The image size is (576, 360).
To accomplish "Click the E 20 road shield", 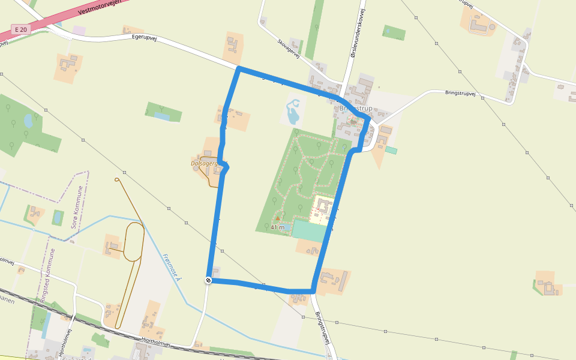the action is (21, 29).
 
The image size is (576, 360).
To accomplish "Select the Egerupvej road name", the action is (148, 38).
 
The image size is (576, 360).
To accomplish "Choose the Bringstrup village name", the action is (356, 109).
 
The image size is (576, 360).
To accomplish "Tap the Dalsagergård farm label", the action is (203, 163).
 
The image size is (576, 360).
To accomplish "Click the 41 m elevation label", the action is (278, 227).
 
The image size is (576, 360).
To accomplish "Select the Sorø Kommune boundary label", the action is (77, 207).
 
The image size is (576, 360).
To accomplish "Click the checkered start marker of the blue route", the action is (208, 280).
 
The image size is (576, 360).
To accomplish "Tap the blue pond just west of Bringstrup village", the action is (293, 110).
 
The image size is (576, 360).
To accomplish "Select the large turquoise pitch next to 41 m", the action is (310, 230).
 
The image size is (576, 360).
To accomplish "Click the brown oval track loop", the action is (133, 242).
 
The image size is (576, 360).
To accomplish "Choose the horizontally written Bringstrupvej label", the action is (460, 93).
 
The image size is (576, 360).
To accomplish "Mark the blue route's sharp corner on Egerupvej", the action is (239, 70).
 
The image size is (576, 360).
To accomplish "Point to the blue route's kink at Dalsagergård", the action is (226, 166).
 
